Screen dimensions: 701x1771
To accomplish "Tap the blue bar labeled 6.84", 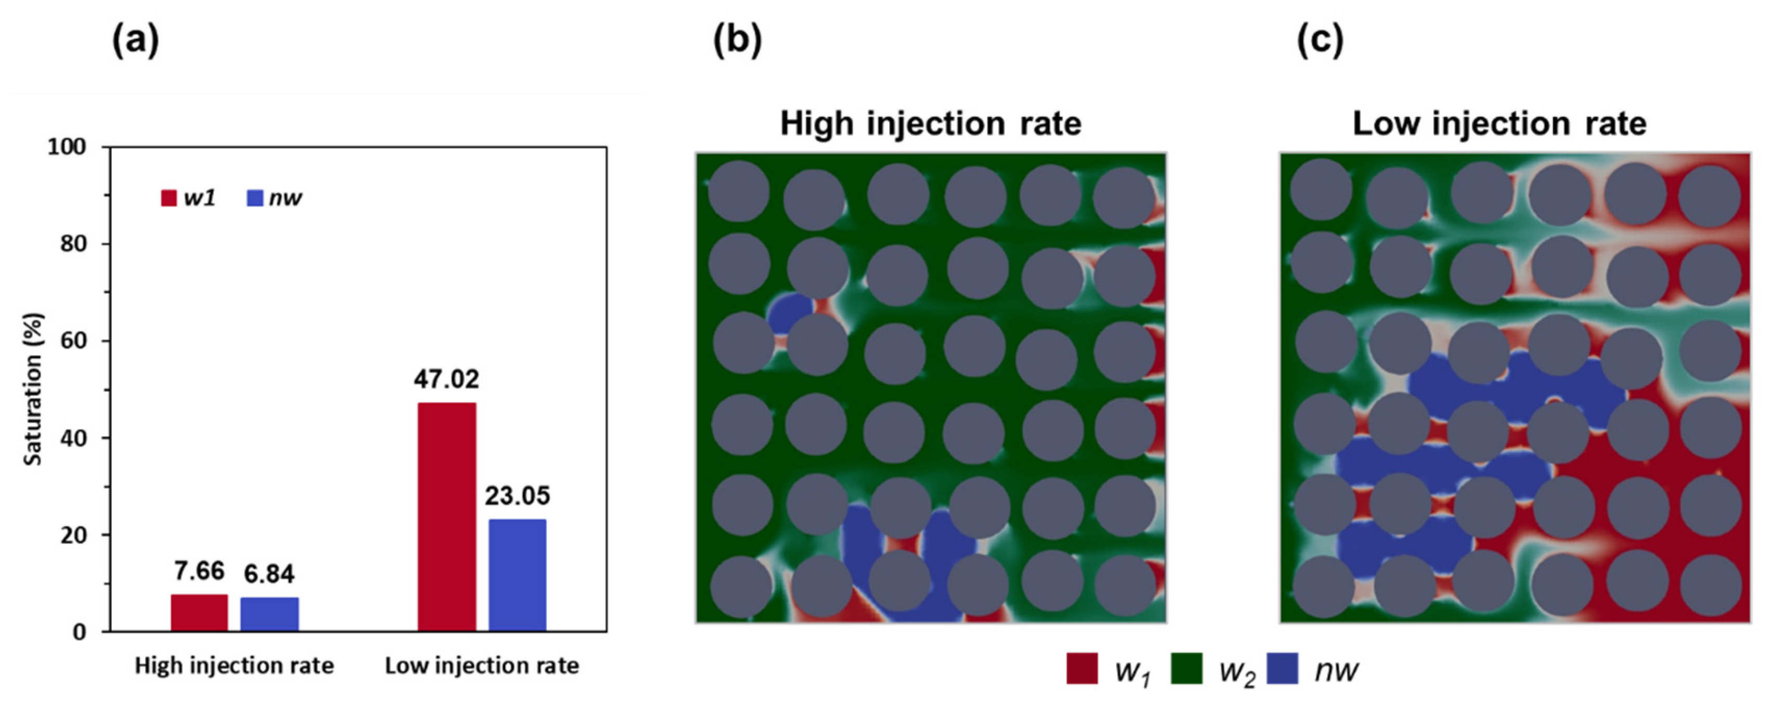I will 269,614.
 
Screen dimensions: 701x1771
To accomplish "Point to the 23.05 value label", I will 518,496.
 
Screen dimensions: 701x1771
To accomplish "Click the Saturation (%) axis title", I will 33,389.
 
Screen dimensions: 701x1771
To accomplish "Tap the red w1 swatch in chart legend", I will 169,198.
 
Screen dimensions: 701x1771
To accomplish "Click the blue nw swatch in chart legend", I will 255,198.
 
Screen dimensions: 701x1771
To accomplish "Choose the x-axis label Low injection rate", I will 482,665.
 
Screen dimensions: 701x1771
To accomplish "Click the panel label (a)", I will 135,41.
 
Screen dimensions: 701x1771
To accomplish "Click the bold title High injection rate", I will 930,124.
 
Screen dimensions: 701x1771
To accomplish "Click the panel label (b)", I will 737,41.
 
